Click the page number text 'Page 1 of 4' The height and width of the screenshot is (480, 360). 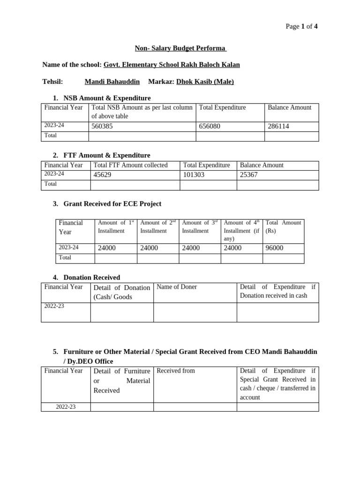point(301,26)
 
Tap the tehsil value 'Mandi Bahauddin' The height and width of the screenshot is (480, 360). point(112,82)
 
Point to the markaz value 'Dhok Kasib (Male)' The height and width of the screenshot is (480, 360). point(205,82)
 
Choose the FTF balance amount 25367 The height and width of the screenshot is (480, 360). point(249,175)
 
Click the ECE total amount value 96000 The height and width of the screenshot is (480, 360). point(274,248)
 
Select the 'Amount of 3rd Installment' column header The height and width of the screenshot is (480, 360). point(200,227)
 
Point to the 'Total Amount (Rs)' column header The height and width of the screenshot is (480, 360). point(283,227)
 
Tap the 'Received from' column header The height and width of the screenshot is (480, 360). point(176,371)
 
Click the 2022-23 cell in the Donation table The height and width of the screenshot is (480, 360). point(54,306)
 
